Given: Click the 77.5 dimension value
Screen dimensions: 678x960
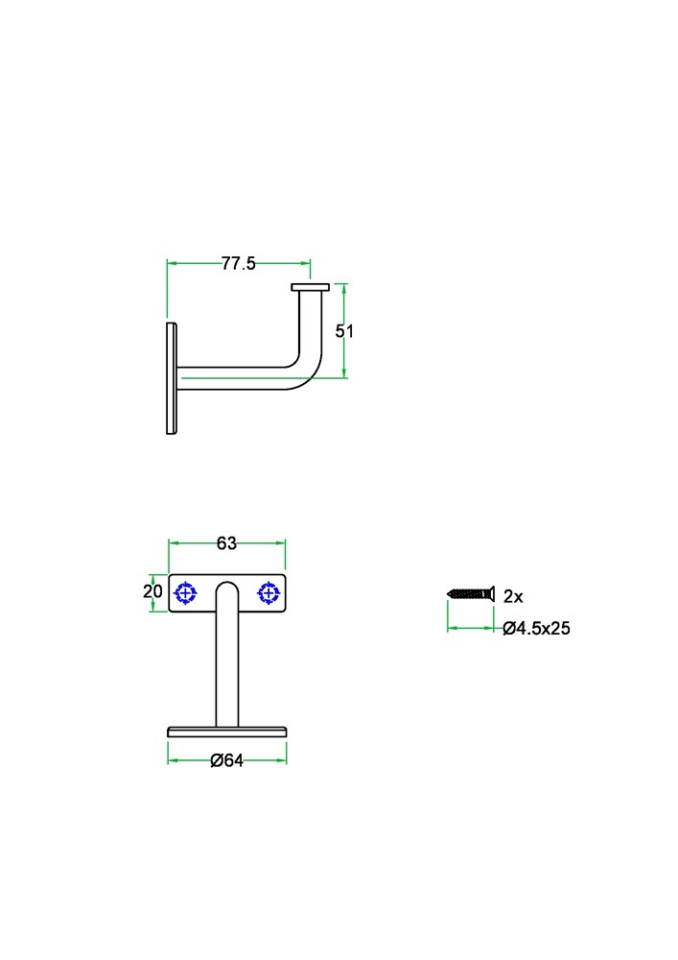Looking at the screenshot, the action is [239, 263].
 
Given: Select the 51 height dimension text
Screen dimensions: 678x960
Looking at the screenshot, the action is [344, 331].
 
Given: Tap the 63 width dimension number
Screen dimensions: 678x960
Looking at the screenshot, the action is [226, 543].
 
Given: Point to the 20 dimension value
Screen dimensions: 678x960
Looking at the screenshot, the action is [152, 590].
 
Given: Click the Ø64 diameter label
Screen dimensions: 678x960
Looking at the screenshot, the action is [227, 760].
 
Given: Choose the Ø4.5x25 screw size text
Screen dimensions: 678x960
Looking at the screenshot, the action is [536, 628].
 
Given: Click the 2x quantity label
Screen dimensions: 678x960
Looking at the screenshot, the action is [513, 596].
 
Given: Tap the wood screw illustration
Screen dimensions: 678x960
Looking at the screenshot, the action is [471, 593].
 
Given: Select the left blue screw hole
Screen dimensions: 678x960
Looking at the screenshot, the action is [185, 593].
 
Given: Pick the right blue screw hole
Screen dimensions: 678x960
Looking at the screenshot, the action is [269, 593].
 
